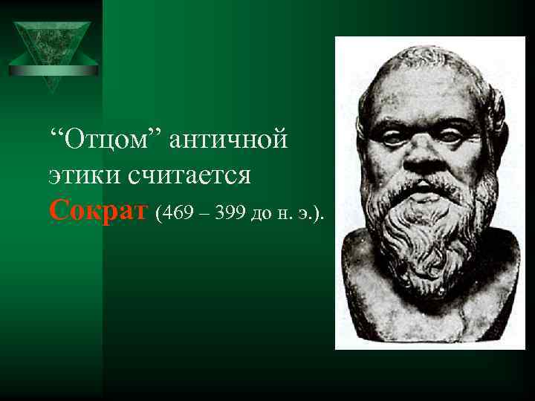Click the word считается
(x=190, y=176)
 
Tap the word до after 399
(x=262, y=215)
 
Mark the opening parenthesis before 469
(x=159, y=215)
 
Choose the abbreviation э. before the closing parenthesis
(x=307, y=215)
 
